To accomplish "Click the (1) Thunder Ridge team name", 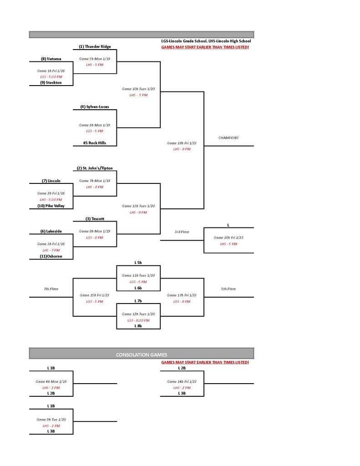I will click(x=95, y=46).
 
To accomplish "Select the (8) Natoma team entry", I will click(x=51, y=59).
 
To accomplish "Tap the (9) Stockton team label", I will click(x=51, y=82).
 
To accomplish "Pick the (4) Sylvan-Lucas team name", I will click(x=95, y=107).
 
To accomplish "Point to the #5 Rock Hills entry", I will click(x=95, y=143).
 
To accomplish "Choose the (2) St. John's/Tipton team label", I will click(x=95, y=168).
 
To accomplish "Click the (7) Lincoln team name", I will click(x=51, y=181).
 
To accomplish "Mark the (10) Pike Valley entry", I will click(x=51, y=206).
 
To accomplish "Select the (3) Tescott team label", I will click(x=95, y=219).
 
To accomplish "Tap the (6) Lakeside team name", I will click(x=51, y=231).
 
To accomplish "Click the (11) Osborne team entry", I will click(x=51, y=256).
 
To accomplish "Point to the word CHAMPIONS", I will click(x=228, y=137).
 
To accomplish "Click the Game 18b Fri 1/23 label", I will click(x=182, y=143).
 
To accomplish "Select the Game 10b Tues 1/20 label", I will click(x=138, y=89).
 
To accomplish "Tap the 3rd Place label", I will click(x=182, y=232).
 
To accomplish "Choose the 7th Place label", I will click(x=51, y=289).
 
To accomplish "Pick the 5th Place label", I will click(x=228, y=289).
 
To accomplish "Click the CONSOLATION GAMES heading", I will click(x=142, y=354).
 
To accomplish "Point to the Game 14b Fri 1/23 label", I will click(x=182, y=381).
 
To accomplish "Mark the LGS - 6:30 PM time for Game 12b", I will click(x=138, y=320).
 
